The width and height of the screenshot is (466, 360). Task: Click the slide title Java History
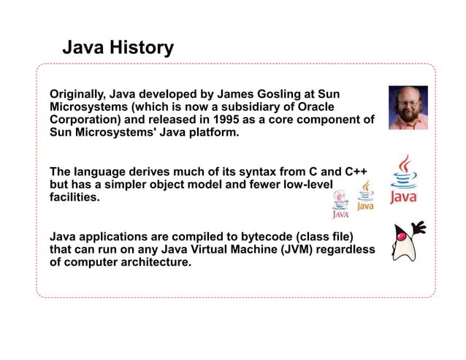[118, 48]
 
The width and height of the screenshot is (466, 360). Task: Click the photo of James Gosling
[408, 107]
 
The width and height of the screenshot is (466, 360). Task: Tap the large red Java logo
[404, 179]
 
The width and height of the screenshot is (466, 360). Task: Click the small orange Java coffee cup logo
[366, 195]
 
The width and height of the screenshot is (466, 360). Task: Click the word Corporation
[81, 120]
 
